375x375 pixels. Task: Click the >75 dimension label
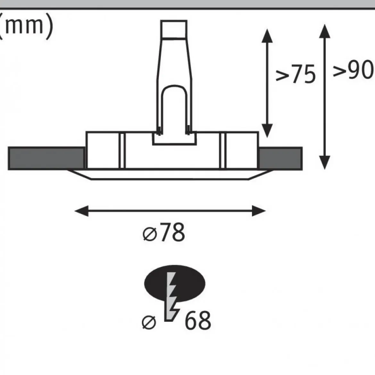[x=296, y=74]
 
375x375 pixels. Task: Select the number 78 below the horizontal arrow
[x=172, y=232]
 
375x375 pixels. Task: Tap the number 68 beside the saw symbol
[x=198, y=320]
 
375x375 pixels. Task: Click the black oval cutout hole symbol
[x=175, y=283]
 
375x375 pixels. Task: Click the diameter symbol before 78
[x=150, y=234]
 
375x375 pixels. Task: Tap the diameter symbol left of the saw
[x=149, y=322]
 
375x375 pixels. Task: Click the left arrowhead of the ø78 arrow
[x=81, y=211]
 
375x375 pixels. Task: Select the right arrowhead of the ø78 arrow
[x=259, y=211]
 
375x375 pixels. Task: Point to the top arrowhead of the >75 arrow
[x=267, y=36]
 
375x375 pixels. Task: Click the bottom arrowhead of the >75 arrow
[x=267, y=131]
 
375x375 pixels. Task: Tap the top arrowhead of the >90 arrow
[x=325, y=31]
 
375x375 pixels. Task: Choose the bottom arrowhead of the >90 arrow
[x=325, y=163]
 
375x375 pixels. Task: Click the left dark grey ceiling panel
[x=46, y=158]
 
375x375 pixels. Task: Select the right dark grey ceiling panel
[x=280, y=158]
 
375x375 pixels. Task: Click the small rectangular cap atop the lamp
[x=174, y=29]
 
